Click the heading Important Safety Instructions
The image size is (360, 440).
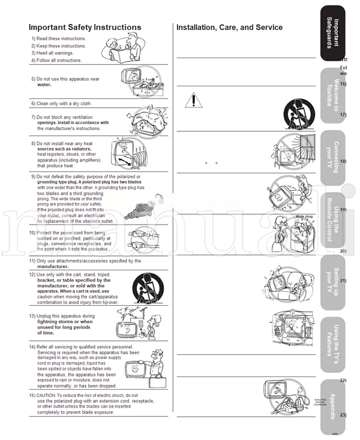pos(85,28)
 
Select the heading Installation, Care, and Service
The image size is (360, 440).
pos(229,28)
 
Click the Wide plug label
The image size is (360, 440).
pos(304,216)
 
